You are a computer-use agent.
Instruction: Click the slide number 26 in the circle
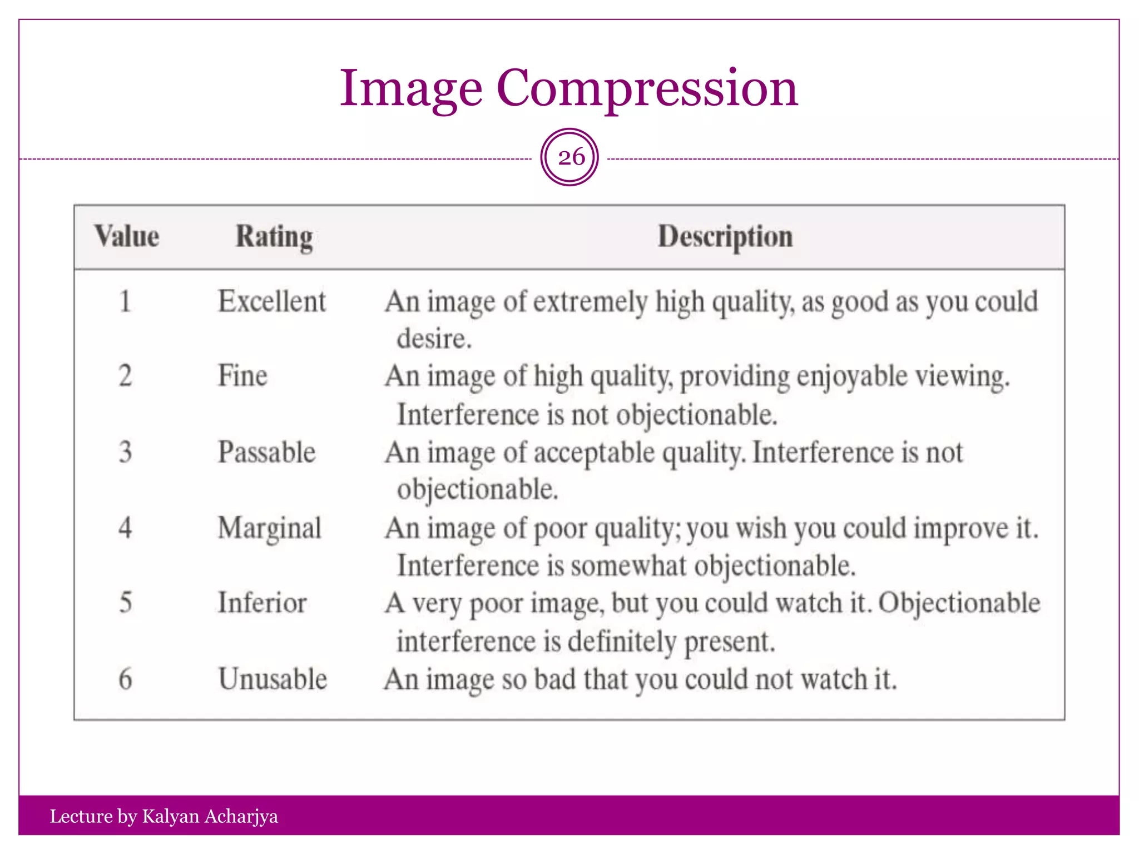[571, 157]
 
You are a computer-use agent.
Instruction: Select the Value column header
[127, 236]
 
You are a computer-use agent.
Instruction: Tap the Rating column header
[274, 237]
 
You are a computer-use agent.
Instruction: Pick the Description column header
[725, 237]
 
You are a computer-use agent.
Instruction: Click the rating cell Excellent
[271, 302]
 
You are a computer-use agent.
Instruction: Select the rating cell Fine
[242, 376]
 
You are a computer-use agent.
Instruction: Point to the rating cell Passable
[266, 452]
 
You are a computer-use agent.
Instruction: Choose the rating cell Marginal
[269, 528]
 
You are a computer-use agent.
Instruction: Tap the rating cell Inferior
[262, 603]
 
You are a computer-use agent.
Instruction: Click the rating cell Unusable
[273, 679]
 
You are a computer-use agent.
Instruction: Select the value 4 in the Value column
[126, 528]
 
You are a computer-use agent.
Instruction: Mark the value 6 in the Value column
[126, 679]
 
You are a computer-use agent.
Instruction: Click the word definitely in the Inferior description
[622, 642]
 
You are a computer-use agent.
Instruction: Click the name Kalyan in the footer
[171, 816]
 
